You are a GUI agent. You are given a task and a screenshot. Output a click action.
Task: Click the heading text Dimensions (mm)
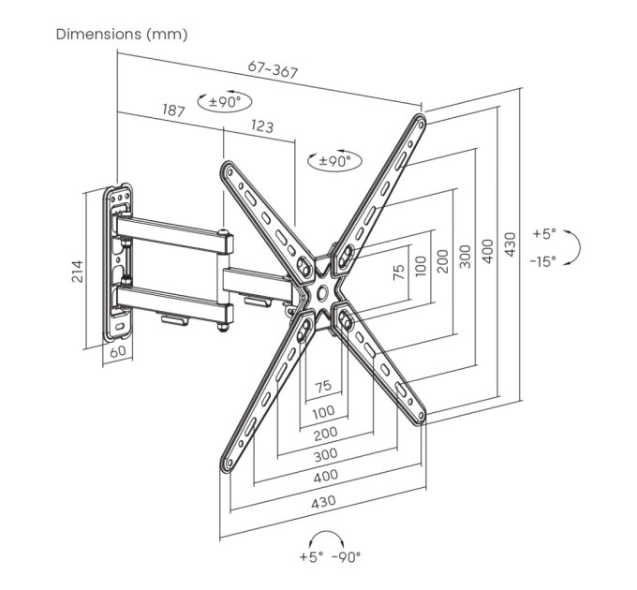coord(122,35)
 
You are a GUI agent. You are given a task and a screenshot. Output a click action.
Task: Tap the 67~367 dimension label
coord(273,70)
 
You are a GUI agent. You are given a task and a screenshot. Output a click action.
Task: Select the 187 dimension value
coord(173,111)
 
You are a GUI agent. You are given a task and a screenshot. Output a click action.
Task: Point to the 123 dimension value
coord(262,126)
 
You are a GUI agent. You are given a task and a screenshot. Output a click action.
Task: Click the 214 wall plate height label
coord(79,271)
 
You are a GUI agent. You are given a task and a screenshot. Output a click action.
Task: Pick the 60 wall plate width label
coord(118,352)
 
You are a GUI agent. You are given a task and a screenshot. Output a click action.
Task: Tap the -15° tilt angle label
coord(543,261)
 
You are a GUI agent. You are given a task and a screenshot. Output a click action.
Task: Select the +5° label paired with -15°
coord(544,233)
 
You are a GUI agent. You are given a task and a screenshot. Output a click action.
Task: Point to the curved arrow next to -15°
coord(573,247)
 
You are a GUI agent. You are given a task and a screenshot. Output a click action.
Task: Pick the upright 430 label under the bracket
coord(323,501)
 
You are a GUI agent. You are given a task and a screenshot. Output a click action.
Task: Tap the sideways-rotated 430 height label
coord(511,243)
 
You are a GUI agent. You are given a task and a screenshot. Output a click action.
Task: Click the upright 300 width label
coord(324,455)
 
